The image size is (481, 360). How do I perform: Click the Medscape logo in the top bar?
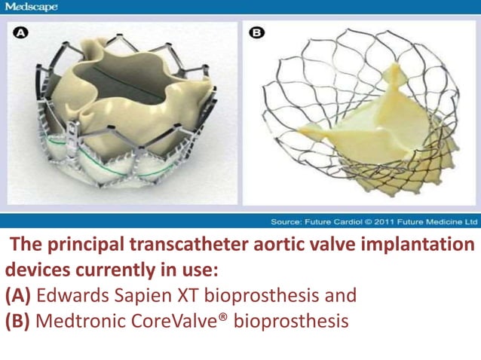pyautogui.click(x=31, y=7)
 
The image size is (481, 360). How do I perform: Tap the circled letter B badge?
pyautogui.click(x=257, y=33)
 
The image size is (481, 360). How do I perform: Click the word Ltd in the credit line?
pyautogui.click(x=469, y=222)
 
